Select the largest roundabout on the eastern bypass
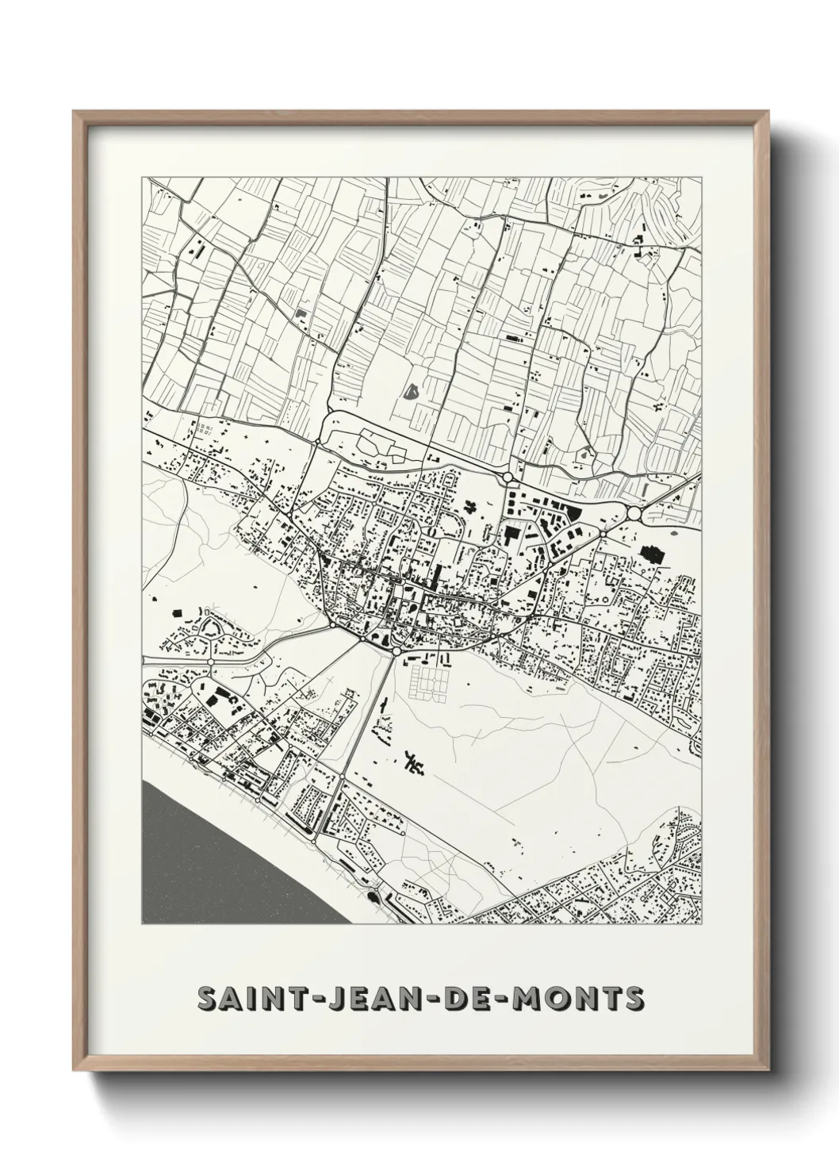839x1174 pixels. (x=634, y=514)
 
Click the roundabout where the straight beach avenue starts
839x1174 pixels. (x=396, y=650)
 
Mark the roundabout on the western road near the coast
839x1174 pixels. (x=211, y=661)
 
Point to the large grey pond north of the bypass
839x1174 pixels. (x=411, y=390)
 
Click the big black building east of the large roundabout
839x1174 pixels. (x=651, y=553)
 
